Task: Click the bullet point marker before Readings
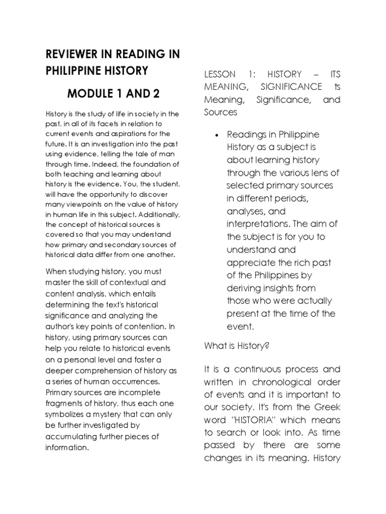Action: point(216,135)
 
